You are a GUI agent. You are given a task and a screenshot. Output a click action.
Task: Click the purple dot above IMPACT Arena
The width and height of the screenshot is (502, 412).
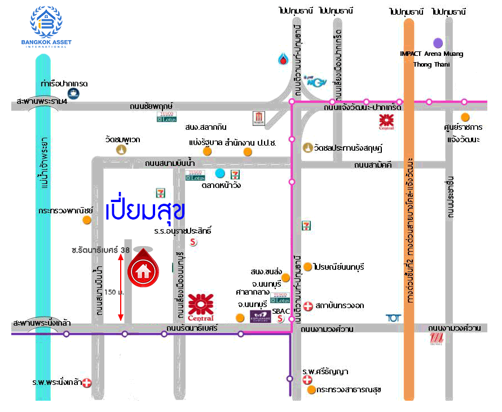[438, 42]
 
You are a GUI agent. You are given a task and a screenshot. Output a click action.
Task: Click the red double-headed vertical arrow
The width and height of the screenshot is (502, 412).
[120, 287]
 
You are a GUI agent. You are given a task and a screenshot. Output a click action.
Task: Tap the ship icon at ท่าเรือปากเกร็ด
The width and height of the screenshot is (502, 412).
[73, 94]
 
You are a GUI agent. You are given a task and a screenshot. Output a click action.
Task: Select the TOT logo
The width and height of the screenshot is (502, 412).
[393, 318]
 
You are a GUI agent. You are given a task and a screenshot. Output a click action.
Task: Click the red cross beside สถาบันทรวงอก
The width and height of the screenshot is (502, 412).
[308, 306]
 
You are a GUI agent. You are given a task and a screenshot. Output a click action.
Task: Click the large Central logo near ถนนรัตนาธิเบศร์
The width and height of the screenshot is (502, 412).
[201, 307]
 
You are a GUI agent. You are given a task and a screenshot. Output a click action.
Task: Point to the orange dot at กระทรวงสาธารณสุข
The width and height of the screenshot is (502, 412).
[310, 389]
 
